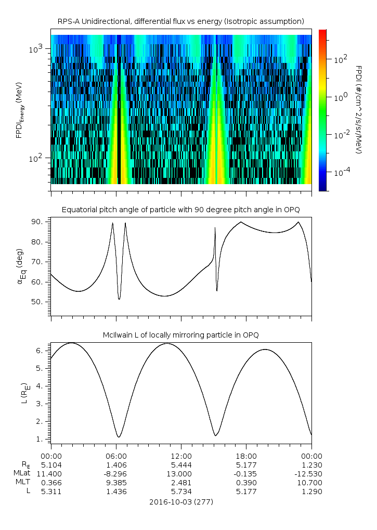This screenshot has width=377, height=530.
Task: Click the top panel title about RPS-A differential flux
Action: [x=181, y=21]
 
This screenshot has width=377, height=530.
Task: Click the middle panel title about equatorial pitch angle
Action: [x=181, y=210]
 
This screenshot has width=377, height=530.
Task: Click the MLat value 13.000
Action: [x=180, y=474]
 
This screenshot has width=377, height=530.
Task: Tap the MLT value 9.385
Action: [x=115, y=483]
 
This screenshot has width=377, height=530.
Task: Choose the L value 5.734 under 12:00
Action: [x=180, y=492]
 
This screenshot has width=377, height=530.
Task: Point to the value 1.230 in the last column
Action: [x=311, y=465]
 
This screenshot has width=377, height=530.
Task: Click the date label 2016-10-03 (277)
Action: [x=181, y=502]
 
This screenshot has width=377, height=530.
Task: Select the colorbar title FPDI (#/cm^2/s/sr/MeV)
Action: [x=358, y=110]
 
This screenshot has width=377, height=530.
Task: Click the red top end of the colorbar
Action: [x=322, y=32]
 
